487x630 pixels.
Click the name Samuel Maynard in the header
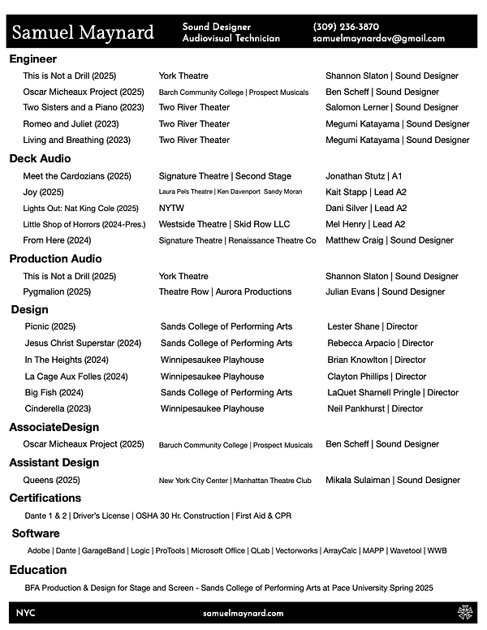(x=83, y=32)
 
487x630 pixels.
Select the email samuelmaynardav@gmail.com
(x=378, y=38)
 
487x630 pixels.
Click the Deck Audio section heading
(x=40, y=158)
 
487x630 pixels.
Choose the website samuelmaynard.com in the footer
(x=243, y=614)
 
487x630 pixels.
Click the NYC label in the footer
(x=25, y=614)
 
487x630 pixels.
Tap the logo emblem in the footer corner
(x=465, y=613)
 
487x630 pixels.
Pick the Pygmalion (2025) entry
(x=57, y=291)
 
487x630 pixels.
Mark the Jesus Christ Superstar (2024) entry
(x=84, y=343)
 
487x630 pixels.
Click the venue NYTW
(x=171, y=208)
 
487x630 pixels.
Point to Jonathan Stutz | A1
(x=364, y=176)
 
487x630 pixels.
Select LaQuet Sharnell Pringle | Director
(x=393, y=392)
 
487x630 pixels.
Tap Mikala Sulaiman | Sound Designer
(x=393, y=480)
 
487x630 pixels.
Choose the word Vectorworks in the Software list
(x=296, y=550)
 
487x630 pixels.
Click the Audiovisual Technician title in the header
(x=231, y=38)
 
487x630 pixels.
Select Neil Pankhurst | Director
(x=375, y=408)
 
